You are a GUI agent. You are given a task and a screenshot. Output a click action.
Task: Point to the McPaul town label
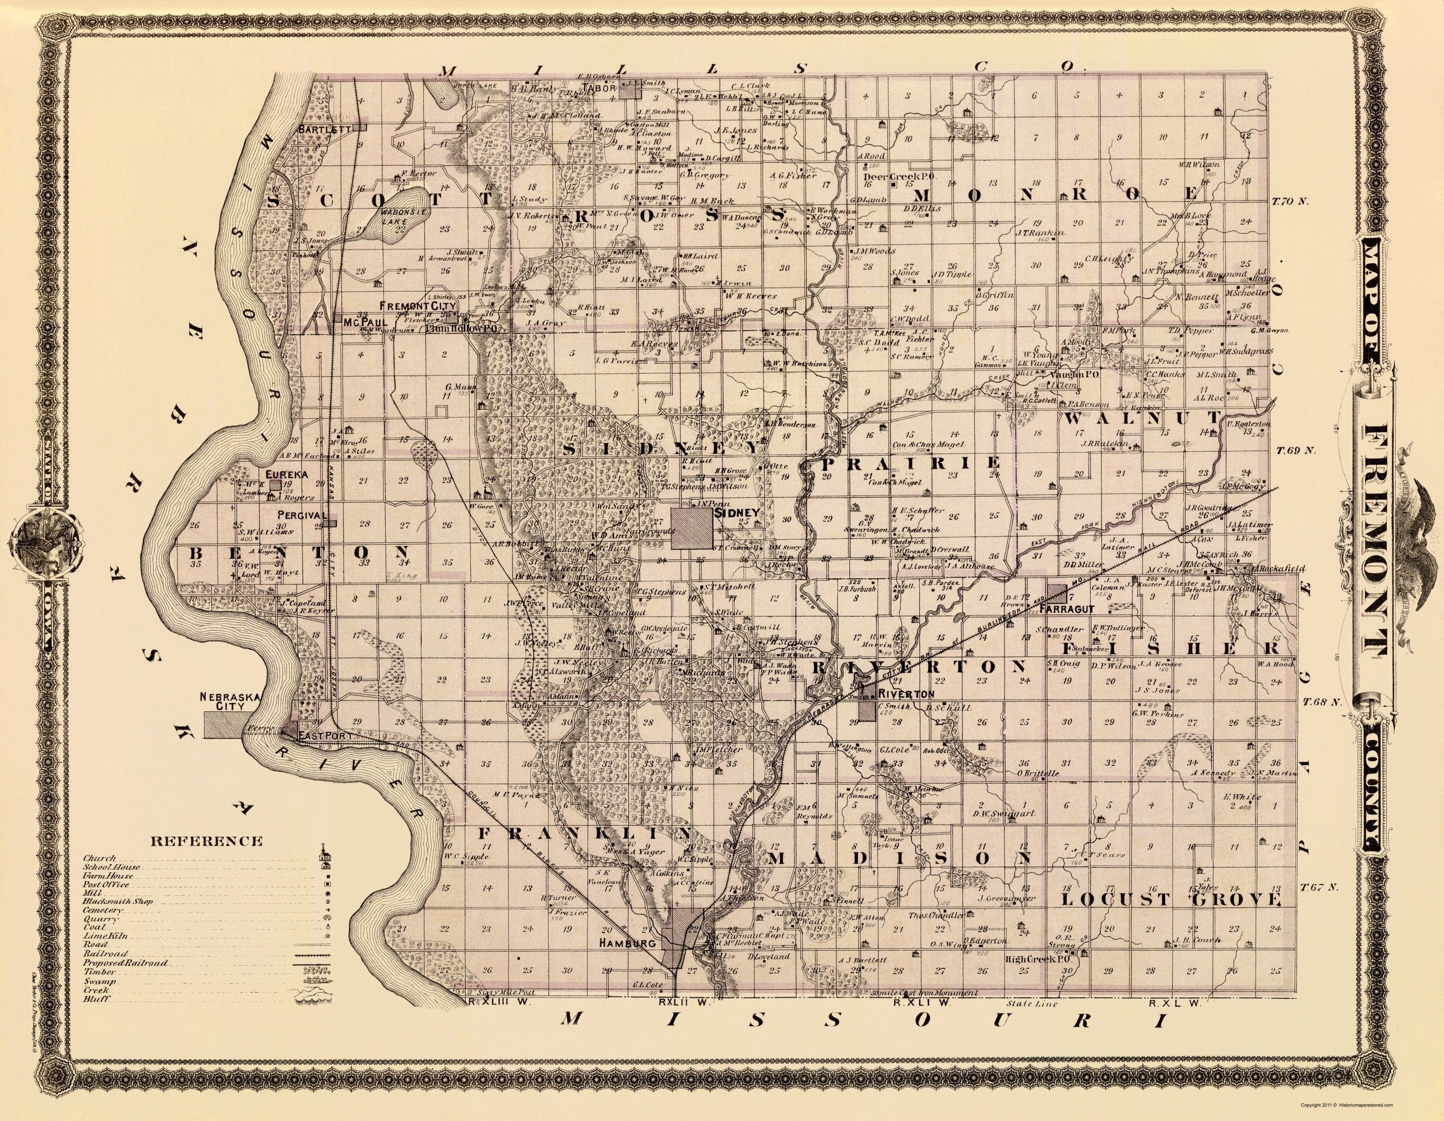pyautogui.click(x=357, y=322)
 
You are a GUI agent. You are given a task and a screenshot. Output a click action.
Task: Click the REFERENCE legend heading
pyautogui.click(x=206, y=841)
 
